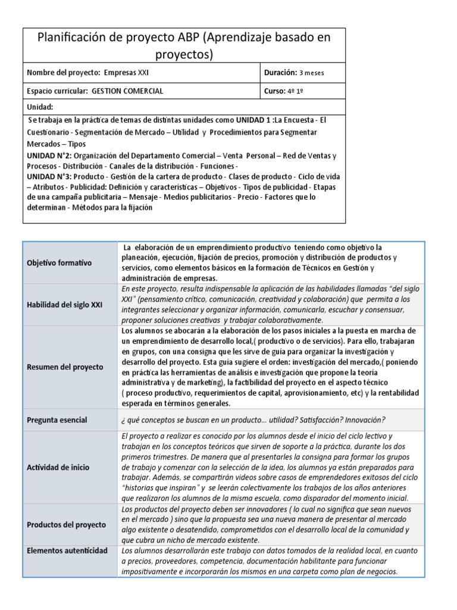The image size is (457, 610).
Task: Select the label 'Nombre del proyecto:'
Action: pos(64,73)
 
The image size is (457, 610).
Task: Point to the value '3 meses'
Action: pos(312,73)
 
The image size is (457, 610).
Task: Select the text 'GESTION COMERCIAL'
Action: pos(128,91)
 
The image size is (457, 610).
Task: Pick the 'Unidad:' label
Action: pos(40,107)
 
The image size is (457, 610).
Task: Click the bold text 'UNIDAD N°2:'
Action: pos(49,156)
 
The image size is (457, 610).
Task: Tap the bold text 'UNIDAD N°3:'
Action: pos(49,177)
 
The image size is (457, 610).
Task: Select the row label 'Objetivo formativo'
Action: pos(58,262)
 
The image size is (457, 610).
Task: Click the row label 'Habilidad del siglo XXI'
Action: pos(65,304)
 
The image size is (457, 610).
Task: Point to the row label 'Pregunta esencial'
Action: pos(57,420)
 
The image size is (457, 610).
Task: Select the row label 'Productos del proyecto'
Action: pos(66,525)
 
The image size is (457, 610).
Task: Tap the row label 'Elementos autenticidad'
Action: pos(67,550)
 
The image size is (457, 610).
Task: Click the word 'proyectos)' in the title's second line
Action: pos(184,55)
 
